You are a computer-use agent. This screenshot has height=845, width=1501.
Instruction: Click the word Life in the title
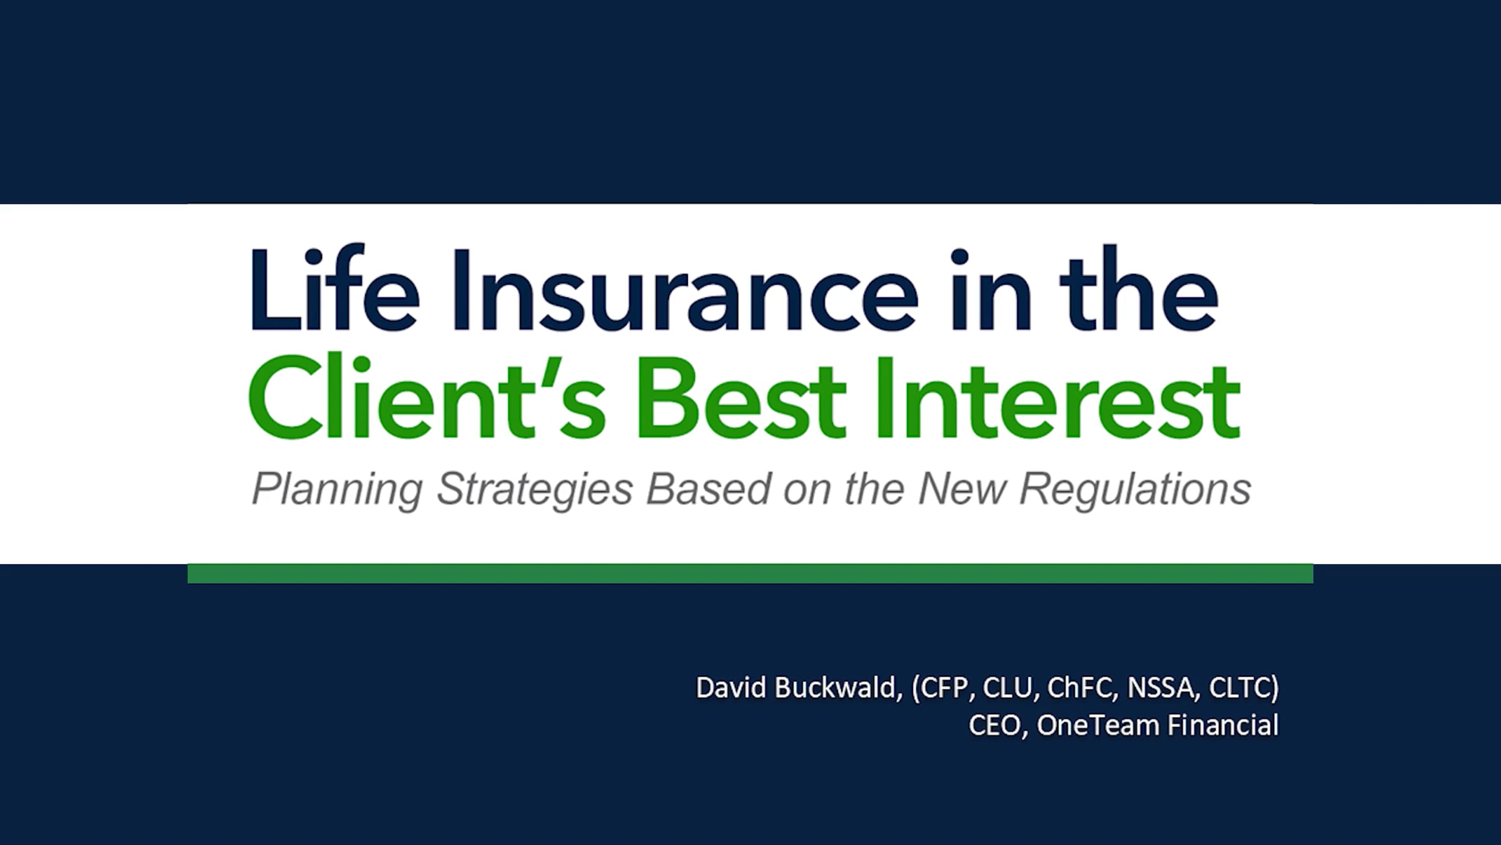click(335, 289)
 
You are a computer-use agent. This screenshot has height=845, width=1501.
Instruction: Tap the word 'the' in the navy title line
click(1138, 289)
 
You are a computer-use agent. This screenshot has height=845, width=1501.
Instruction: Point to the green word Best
click(741, 397)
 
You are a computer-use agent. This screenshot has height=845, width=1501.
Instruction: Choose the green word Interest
click(1058, 397)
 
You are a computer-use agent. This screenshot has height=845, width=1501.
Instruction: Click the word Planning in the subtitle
click(337, 489)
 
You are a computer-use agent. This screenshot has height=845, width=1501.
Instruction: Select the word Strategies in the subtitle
click(535, 489)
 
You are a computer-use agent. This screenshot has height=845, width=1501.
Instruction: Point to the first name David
click(731, 687)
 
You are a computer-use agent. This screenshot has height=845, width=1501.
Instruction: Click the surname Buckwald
click(838, 687)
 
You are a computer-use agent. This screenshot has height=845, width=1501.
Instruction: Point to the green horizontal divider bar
click(750, 573)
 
